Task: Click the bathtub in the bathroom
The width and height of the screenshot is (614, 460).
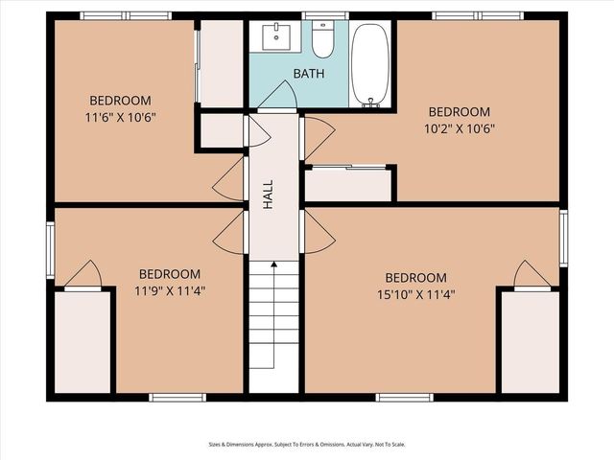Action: pyautogui.click(x=370, y=64)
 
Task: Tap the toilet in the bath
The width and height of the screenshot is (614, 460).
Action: pyautogui.click(x=322, y=41)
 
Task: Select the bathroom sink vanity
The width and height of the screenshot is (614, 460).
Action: pyautogui.click(x=279, y=37)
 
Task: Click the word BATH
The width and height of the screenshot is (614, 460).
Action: pyautogui.click(x=309, y=73)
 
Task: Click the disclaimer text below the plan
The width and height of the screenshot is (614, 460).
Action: pyautogui.click(x=307, y=445)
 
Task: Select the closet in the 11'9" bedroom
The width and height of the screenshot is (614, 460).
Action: pyautogui.click(x=83, y=341)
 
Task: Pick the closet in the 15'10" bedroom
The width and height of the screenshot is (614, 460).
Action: pyautogui.click(x=531, y=341)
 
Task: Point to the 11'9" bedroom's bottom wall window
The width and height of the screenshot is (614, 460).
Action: pyautogui.click(x=177, y=397)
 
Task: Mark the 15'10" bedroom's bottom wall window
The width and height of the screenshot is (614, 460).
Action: pyautogui.click(x=405, y=397)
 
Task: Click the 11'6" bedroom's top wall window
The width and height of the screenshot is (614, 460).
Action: pyautogui.click(x=126, y=15)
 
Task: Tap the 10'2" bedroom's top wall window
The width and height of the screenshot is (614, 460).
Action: pyautogui.click(x=478, y=15)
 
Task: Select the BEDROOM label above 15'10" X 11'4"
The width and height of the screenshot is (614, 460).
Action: pyautogui.click(x=416, y=278)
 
